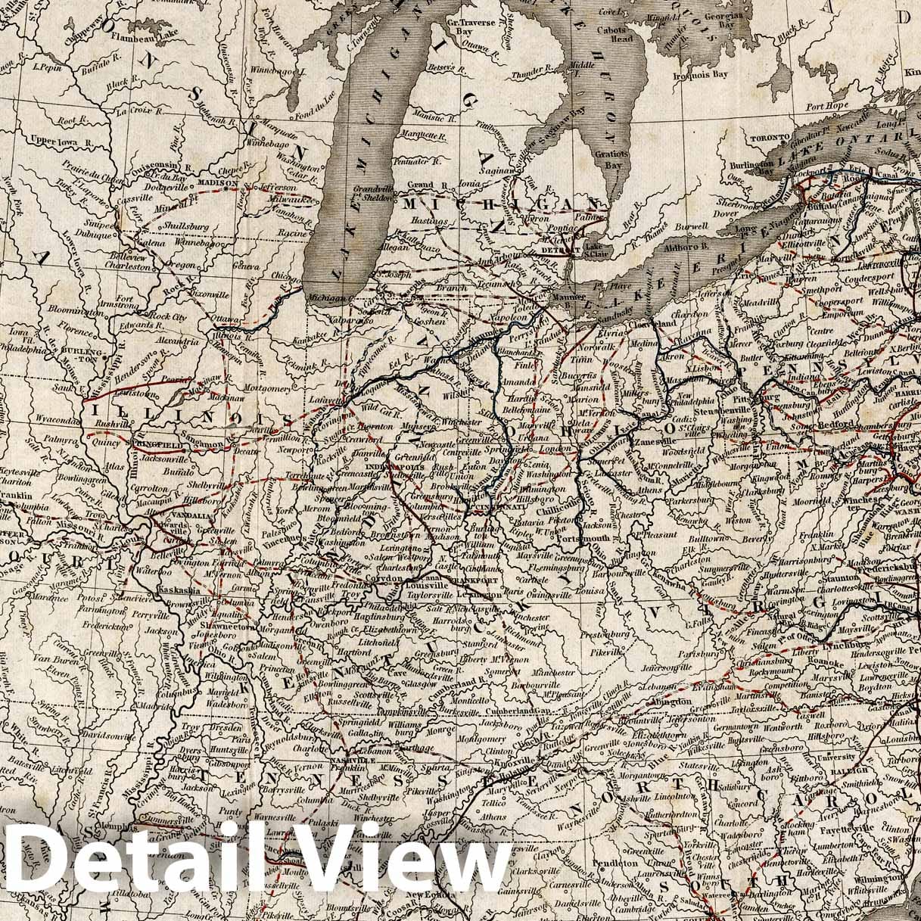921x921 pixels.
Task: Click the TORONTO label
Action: coord(764,139)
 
